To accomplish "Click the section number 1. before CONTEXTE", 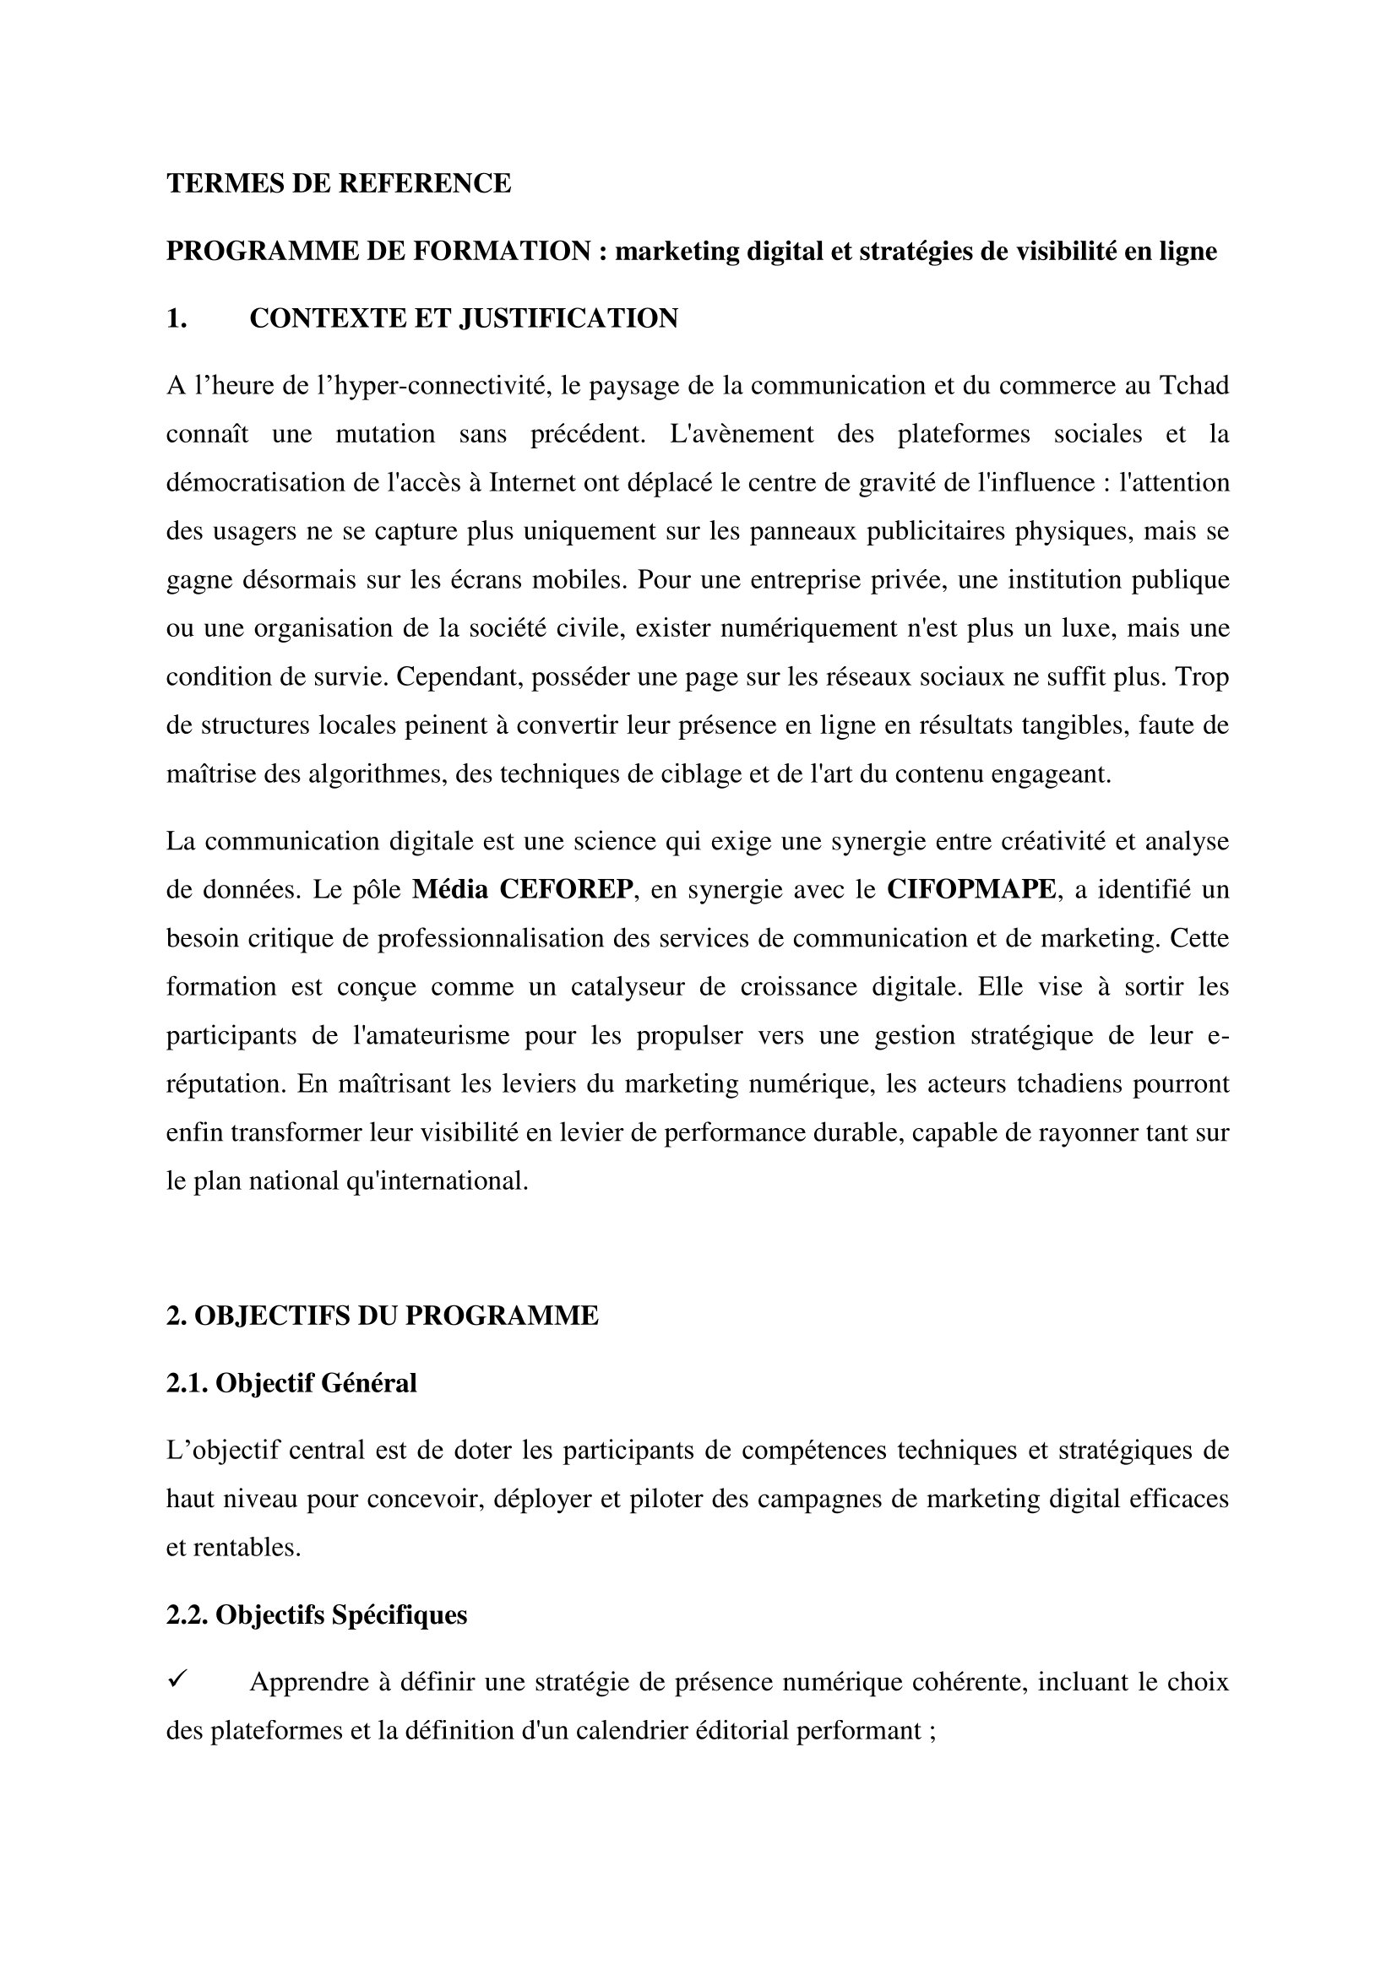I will pos(177,318).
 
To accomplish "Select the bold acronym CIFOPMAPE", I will pos(971,889).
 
